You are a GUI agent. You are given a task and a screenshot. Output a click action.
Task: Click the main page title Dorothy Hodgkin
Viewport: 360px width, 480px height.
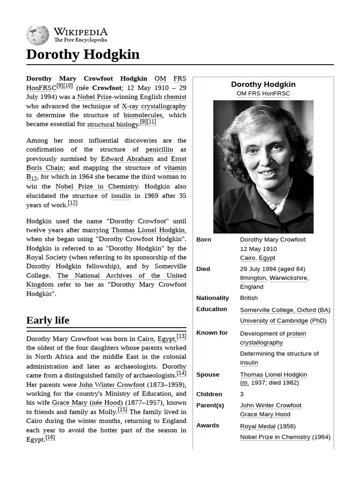click(83, 54)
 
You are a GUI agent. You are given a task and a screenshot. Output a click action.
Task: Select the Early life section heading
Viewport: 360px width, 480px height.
click(48, 320)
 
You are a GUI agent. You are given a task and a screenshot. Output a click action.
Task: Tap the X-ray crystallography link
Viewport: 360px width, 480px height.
click(154, 106)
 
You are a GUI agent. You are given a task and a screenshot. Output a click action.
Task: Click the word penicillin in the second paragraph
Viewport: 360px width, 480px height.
click(160, 150)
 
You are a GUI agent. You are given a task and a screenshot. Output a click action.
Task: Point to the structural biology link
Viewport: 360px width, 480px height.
click(112, 124)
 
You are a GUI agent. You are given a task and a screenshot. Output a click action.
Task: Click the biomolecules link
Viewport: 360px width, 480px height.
click(143, 115)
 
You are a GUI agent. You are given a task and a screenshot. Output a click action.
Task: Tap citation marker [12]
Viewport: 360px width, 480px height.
click(73, 203)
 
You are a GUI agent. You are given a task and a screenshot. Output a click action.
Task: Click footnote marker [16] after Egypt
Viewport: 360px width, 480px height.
click(50, 437)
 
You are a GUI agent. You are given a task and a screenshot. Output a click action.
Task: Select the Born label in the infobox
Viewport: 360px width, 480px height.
click(204, 240)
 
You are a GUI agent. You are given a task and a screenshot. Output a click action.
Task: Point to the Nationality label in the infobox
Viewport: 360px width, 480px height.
click(212, 298)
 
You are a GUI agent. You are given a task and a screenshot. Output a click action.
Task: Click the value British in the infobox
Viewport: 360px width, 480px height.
click(249, 298)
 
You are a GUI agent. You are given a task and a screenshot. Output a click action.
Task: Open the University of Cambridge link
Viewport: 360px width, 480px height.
click(274, 321)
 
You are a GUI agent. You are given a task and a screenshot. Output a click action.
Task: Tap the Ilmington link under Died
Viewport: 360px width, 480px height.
click(253, 278)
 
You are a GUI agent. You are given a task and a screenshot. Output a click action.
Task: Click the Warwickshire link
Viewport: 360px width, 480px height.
click(288, 278)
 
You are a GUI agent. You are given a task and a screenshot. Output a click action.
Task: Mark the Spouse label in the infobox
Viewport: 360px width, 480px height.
click(208, 375)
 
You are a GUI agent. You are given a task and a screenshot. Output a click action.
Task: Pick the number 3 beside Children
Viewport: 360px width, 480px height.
click(242, 394)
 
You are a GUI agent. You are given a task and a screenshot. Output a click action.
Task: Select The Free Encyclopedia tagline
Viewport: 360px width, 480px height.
click(80, 40)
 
